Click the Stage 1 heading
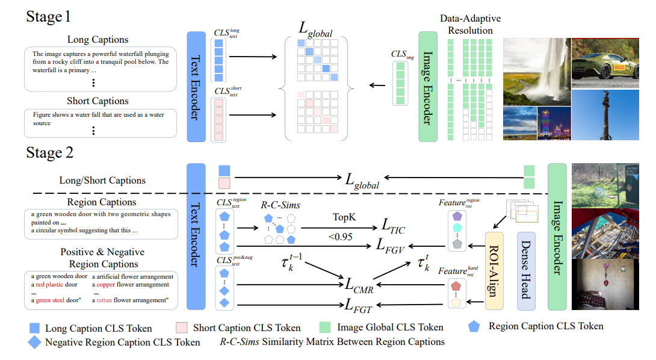(49, 16)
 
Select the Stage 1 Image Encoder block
(427, 87)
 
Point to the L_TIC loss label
(394, 226)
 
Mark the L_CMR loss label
(360, 286)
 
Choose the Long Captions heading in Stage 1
(97, 40)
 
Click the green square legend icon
(325, 327)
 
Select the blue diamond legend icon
(34, 342)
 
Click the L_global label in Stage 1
(317, 28)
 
